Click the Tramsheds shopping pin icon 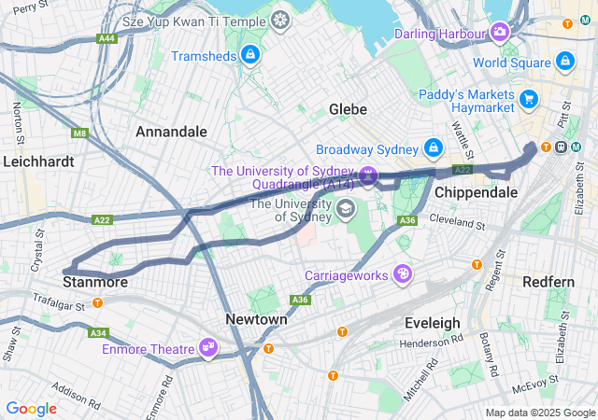(249, 55)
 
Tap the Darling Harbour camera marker (501, 34)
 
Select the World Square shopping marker (563, 62)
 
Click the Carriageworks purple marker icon (403, 273)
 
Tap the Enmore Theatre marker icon (208, 348)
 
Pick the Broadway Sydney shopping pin (434, 148)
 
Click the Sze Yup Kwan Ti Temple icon (280, 19)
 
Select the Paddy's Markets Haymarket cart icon (529, 98)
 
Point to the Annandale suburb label (171, 132)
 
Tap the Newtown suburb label (256, 319)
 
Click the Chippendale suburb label (476, 191)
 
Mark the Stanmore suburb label (94, 281)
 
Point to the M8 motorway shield (79, 133)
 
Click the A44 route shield (107, 38)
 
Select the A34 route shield (98, 332)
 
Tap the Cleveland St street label (459, 221)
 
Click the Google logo (31, 408)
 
